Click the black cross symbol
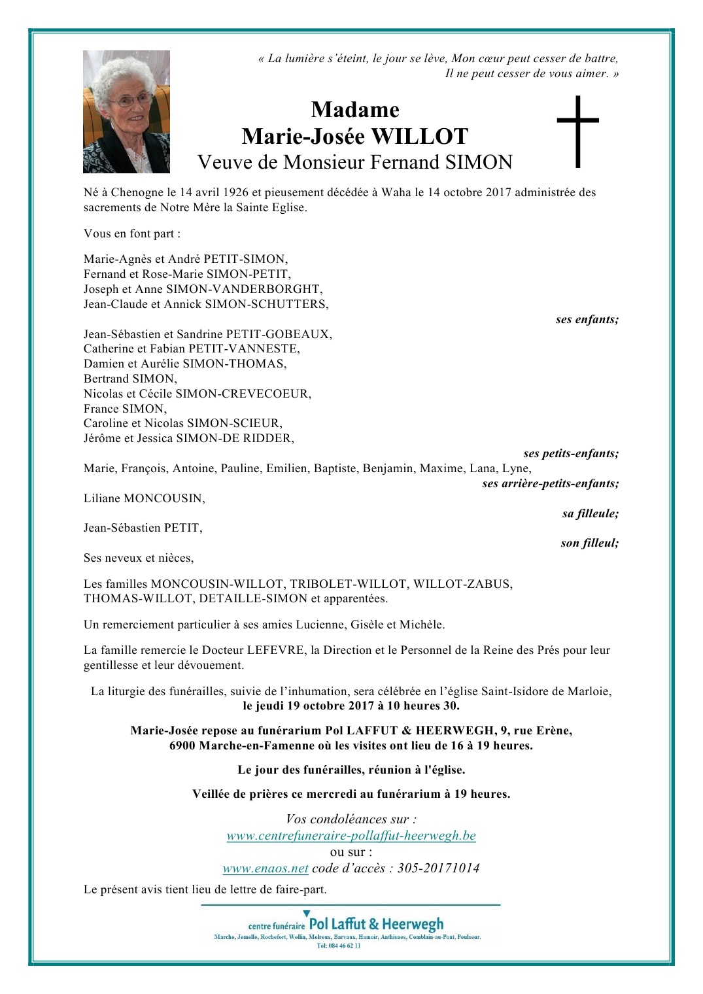[x=577, y=131]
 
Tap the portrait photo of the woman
[x=126, y=112]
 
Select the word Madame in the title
[x=355, y=109]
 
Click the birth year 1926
[x=236, y=192]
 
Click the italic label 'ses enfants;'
[x=587, y=319]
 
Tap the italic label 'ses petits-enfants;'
[x=570, y=453]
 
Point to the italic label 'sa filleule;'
[x=590, y=513]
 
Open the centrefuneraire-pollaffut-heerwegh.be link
[x=351, y=836]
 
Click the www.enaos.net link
[x=266, y=868]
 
